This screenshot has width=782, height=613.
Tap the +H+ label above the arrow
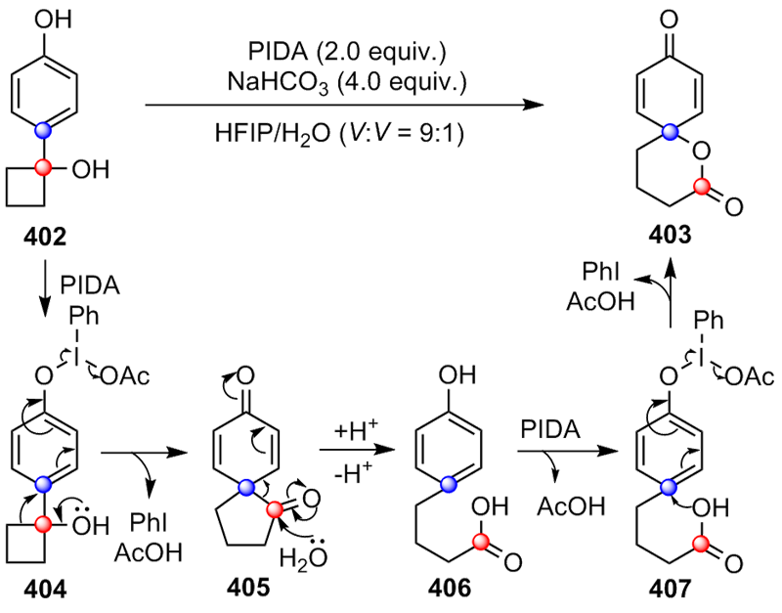345,431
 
